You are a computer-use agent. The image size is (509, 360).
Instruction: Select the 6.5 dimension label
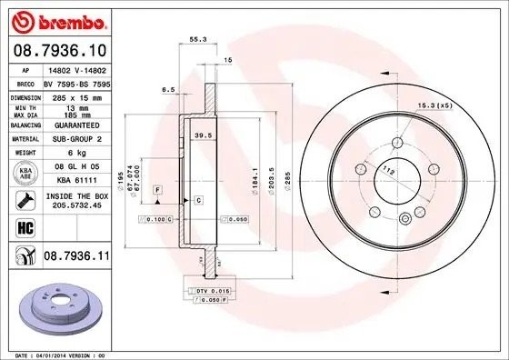click(x=168, y=90)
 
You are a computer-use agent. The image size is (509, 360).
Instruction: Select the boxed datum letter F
click(x=157, y=188)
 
